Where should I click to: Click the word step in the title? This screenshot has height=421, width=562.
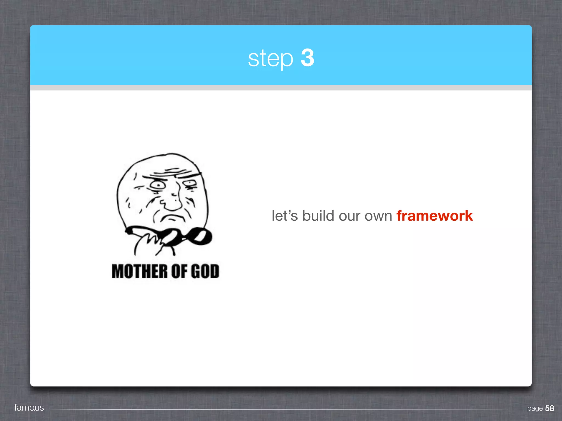point(270,58)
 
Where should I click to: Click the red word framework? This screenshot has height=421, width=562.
point(434,216)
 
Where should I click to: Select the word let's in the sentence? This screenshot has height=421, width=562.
point(285,216)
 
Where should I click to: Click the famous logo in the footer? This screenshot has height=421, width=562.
point(29,408)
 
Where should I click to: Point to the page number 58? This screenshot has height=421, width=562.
point(549,408)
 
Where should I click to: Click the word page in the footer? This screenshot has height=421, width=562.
point(535,408)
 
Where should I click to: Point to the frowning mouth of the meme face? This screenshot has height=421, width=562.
point(171,218)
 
